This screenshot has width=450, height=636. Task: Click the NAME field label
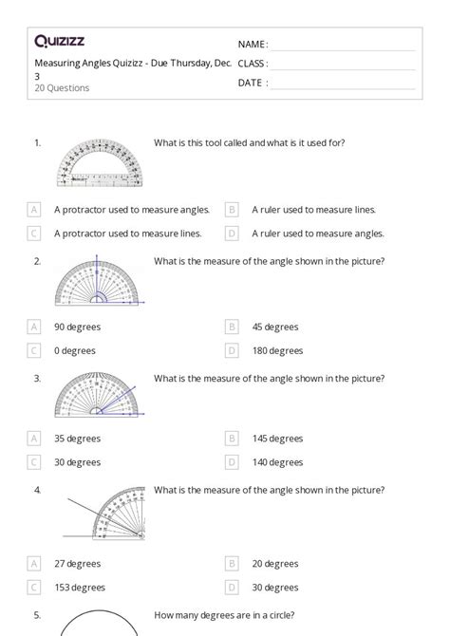click(253, 45)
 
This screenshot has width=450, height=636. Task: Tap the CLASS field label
click(253, 64)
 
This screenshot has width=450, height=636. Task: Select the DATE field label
click(253, 83)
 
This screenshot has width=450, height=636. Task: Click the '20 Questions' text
click(62, 88)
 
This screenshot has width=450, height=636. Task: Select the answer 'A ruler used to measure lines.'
click(313, 209)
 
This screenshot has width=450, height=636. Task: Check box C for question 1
click(34, 233)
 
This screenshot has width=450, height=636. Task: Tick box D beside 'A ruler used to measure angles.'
click(232, 233)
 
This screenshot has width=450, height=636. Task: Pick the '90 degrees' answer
click(77, 327)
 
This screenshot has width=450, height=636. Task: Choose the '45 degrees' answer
click(274, 327)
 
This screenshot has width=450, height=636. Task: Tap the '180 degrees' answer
click(277, 350)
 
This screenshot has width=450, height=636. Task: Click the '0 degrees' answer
click(74, 350)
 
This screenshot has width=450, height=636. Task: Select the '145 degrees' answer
click(277, 439)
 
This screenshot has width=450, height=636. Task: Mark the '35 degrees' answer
click(77, 439)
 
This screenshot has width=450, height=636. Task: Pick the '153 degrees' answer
click(80, 560)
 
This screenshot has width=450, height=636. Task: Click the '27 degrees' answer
click(77, 536)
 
